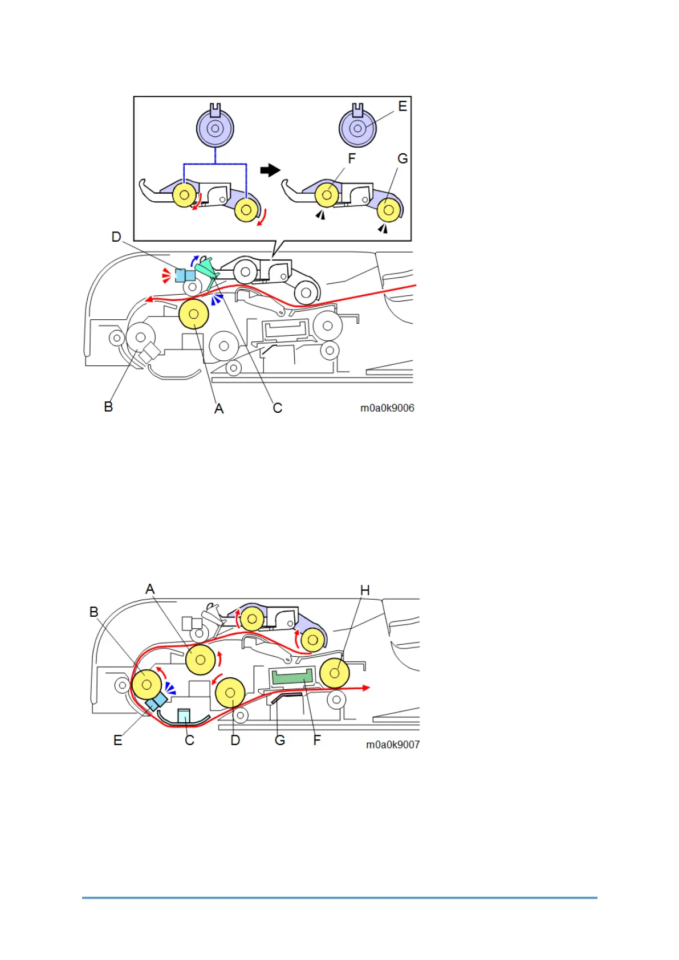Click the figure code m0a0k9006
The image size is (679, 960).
(387, 408)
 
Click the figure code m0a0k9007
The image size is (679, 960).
(393, 745)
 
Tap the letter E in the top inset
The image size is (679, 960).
(402, 107)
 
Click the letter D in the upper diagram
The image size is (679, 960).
(116, 237)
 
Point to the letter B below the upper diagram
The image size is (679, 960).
(108, 406)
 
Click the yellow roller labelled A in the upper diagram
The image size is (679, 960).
(193, 314)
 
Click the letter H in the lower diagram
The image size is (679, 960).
(365, 591)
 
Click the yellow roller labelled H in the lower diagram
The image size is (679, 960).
(335, 673)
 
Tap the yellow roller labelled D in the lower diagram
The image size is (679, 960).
(230, 693)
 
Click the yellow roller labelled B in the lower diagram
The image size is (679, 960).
(147, 684)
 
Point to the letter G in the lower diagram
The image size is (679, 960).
(280, 740)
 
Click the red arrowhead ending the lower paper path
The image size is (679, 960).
(366, 688)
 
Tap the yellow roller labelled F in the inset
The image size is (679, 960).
(327, 195)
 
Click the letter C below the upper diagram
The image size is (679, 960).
(278, 408)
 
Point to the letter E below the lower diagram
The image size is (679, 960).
(118, 740)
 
